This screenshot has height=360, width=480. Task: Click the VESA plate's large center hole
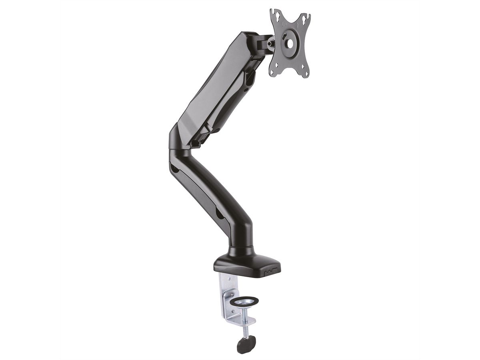[290, 43]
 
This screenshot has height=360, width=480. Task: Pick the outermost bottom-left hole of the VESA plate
[272, 72]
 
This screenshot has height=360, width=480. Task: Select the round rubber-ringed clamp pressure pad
[245, 301]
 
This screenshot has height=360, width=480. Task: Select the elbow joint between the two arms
[178, 144]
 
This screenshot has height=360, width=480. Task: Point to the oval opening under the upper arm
[250, 78]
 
